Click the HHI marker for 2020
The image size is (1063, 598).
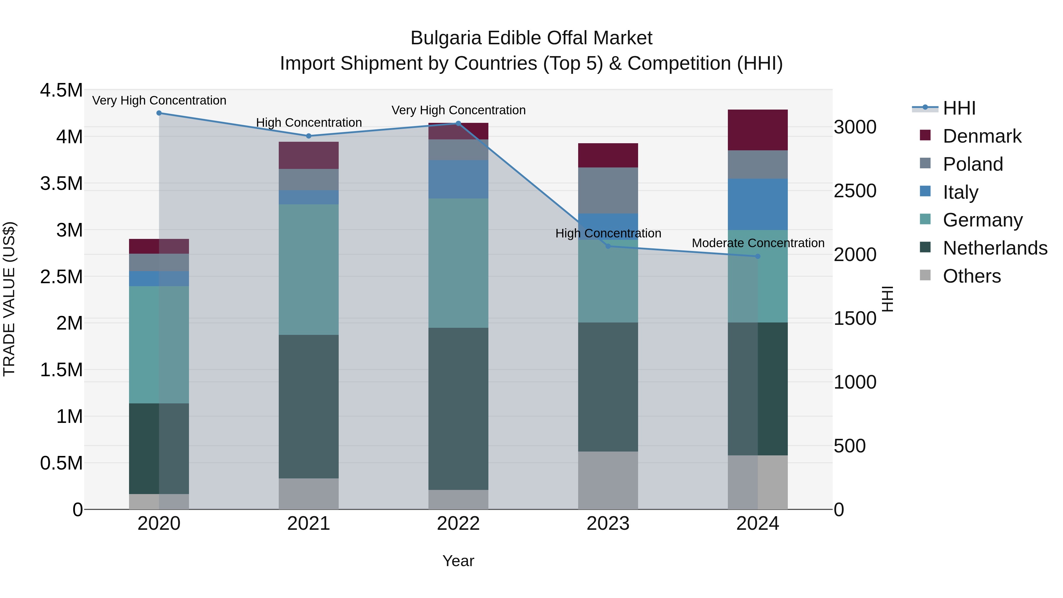click(x=159, y=113)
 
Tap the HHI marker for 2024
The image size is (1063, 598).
click(x=758, y=256)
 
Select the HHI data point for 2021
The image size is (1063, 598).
click(x=309, y=136)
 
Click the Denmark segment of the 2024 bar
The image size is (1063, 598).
click(x=758, y=130)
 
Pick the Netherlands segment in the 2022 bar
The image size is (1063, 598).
click(x=458, y=409)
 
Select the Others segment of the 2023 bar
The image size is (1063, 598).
click(x=608, y=480)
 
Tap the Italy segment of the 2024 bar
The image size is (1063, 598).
click(x=758, y=204)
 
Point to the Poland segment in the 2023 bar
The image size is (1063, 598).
click(x=608, y=190)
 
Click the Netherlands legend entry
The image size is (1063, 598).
click(x=994, y=248)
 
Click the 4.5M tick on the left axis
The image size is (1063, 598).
click(x=61, y=90)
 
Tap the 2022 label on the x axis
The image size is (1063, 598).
click(x=458, y=524)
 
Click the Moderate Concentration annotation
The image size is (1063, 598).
click(x=758, y=243)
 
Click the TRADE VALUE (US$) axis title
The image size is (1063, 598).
click(x=9, y=299)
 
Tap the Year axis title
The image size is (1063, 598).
click(x=458, y=561)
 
